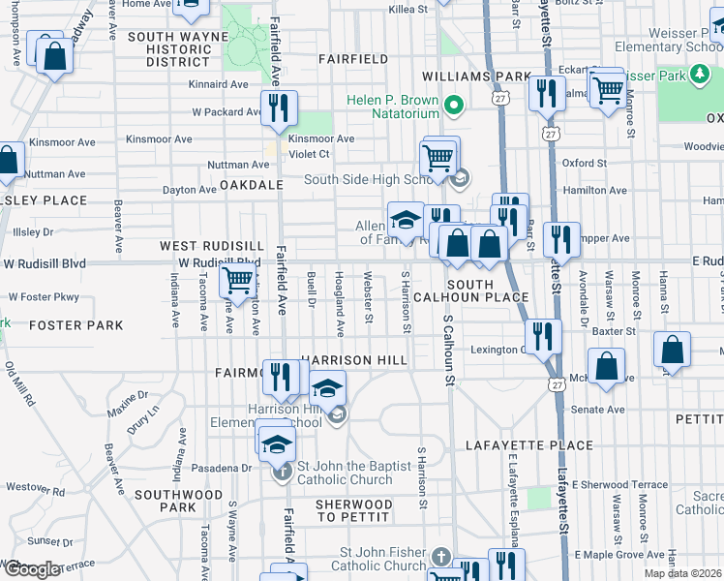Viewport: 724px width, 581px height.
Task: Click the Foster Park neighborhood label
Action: tap(76, 325)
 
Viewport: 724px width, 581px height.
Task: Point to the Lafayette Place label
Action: tap(528, 445)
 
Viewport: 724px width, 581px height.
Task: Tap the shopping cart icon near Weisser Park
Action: tap(607, 90)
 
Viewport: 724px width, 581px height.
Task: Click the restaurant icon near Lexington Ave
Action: tap(544, 337)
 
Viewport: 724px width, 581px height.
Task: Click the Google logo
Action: tap(31, 569)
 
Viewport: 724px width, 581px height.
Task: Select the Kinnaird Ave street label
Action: tap(221, 84)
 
